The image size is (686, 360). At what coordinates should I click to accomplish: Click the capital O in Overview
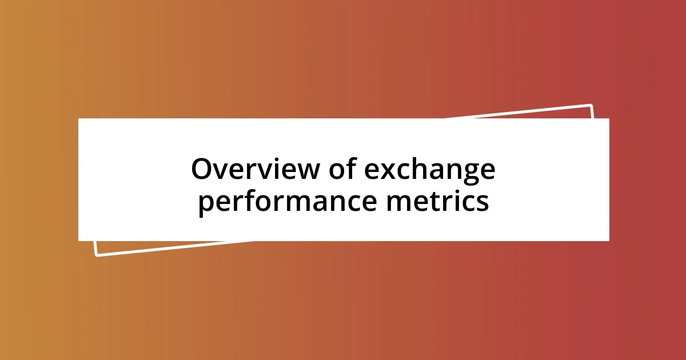[202, 170]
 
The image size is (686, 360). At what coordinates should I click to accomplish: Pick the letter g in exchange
[468, 174]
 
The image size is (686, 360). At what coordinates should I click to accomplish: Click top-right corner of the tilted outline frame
[591, 105]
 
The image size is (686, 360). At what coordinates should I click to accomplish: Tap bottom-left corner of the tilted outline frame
[97, 255]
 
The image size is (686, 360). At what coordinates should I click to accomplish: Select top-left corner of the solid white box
[79, 119]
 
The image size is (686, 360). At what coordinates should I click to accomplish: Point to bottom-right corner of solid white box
[608, 240]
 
